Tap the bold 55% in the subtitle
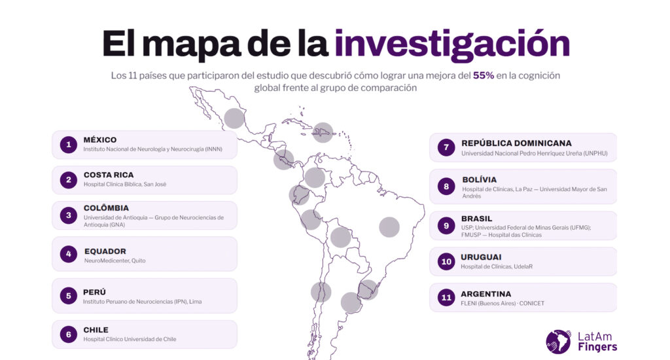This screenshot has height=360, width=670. [484, 76]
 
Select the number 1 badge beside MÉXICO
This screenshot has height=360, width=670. [68, 145]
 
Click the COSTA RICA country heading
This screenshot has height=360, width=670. [109, 175]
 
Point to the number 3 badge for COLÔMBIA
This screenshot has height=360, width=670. [68, 215]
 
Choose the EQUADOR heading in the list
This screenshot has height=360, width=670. [105, 251]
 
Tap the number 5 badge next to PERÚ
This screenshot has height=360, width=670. [68, 295]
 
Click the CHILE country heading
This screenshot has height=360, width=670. [96, 330]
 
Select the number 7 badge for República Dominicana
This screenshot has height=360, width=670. [446, 147]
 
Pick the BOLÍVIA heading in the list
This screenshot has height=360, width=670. [479, 180]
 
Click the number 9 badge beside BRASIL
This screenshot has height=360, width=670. [446, 226]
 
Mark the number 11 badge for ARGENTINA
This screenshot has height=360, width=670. [446, 298]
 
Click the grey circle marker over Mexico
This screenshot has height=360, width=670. [234, 118]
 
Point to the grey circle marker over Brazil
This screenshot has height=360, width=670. [389, 227]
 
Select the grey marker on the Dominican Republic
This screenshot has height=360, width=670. [323, 132]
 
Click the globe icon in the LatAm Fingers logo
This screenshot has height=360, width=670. [558, 342]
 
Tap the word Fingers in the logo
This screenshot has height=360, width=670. [597, 347]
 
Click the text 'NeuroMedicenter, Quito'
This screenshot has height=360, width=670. [115, 261]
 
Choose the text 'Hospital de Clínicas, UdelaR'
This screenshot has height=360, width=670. [497, 266]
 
